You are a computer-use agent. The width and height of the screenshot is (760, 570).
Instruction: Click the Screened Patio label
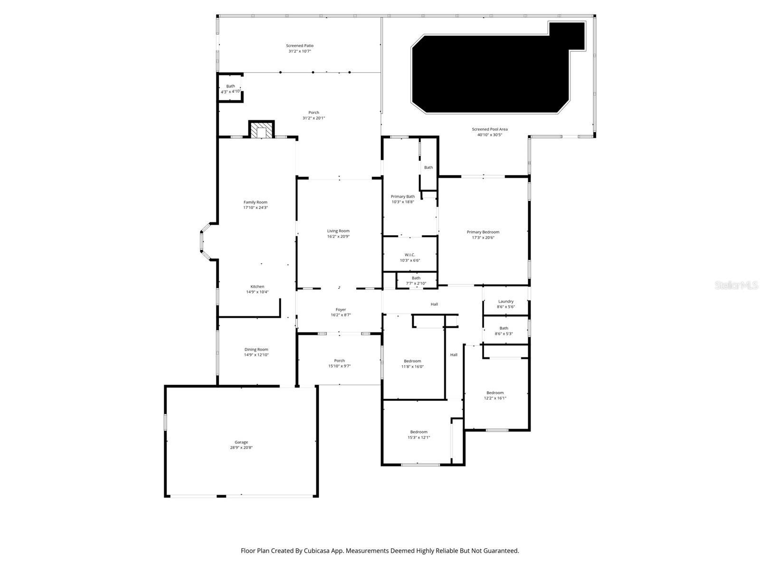299,46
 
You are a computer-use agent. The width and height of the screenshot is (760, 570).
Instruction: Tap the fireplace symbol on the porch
261,131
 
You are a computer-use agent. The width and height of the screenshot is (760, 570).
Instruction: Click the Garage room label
241,442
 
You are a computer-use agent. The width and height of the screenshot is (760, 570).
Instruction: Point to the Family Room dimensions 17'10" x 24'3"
256,208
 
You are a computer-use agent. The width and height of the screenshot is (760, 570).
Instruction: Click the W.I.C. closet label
410,255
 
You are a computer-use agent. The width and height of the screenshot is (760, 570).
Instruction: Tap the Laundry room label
506,301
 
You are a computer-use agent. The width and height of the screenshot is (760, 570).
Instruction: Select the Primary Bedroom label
483,232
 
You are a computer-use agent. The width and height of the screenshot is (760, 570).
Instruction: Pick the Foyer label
341,310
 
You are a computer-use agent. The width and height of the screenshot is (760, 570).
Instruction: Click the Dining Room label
256,350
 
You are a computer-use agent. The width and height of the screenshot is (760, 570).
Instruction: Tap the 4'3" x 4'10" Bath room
230,89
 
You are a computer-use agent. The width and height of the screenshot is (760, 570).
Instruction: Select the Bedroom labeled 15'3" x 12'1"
418,435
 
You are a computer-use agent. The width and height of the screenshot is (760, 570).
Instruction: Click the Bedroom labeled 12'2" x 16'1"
495,395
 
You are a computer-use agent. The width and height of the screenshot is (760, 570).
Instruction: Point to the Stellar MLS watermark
736,285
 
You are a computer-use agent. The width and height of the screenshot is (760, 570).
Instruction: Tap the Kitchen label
257,286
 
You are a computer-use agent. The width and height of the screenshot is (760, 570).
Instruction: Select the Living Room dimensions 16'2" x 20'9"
338,237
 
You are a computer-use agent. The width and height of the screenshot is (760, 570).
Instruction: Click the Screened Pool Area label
490,129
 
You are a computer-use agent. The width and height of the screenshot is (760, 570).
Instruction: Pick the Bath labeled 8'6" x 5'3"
503,331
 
